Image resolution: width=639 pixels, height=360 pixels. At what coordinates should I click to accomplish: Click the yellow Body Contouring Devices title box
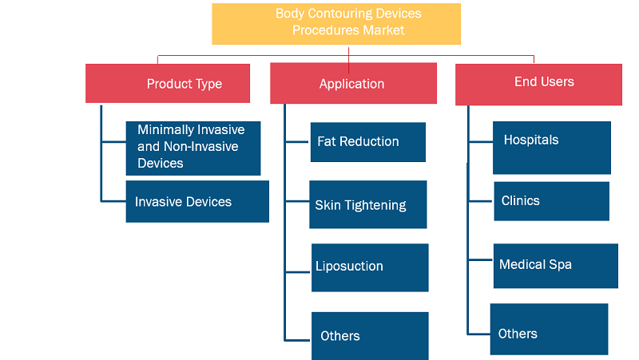[336, 24]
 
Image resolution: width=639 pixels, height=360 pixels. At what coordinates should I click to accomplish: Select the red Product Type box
[168, 84]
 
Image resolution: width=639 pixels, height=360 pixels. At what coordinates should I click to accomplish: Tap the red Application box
[353, 83]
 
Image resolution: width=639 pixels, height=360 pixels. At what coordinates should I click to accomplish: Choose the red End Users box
[538, 85]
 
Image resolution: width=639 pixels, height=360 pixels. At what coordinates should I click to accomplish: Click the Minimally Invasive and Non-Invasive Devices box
[193, 148]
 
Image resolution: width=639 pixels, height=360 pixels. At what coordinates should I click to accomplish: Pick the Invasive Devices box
[197, 202]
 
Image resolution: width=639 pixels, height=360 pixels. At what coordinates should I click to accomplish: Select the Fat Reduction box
[368, 142]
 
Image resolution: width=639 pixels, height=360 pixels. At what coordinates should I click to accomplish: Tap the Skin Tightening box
[368, 204]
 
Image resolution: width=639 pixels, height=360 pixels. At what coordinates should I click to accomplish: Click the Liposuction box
[370, 267]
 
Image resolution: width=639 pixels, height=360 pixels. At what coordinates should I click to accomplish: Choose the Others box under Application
[370, 336]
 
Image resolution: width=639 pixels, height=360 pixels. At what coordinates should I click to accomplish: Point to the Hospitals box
[552, 148]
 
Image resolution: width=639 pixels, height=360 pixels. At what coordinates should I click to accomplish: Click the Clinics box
[552, 201]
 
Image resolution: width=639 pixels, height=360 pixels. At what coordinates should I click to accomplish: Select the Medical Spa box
[555, 266]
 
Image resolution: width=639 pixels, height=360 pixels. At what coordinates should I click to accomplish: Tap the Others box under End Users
[549, 329]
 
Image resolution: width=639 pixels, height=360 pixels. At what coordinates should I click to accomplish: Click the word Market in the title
[383, 30]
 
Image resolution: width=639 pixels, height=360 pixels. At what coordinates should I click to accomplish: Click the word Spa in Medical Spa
[560, 265]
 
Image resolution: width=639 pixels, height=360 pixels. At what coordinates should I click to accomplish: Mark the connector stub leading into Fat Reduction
[297, 142]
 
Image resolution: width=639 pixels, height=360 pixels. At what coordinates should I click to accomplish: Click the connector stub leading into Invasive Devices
[113, 201]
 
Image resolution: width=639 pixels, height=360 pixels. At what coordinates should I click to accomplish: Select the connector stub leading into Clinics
[481, 201]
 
